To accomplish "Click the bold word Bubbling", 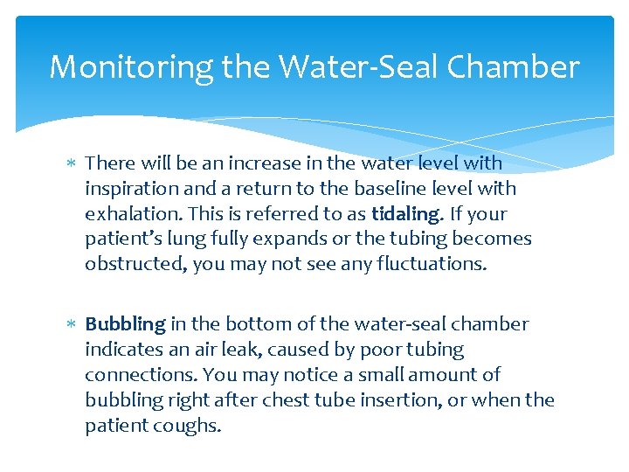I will (125, 324).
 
